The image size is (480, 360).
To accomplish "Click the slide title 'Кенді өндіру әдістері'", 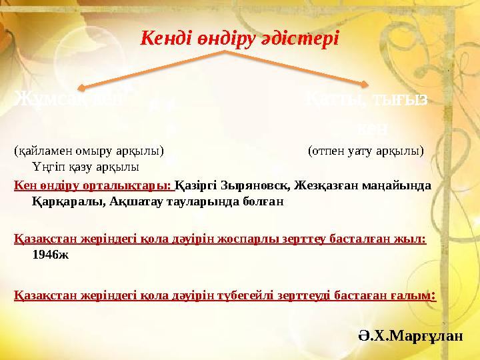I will pyautogui.click(x=239, y=38).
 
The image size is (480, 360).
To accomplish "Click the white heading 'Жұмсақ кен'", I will pyautogui.click(x=69, y=101).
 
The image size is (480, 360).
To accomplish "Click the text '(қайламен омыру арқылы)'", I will pyautogui.click(x=89, y=151).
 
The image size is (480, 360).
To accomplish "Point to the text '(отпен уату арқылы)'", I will pyautogui.click(x=365, y=151).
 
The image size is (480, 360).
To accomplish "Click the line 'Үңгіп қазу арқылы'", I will pyautogui.click(x=85, y=165).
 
